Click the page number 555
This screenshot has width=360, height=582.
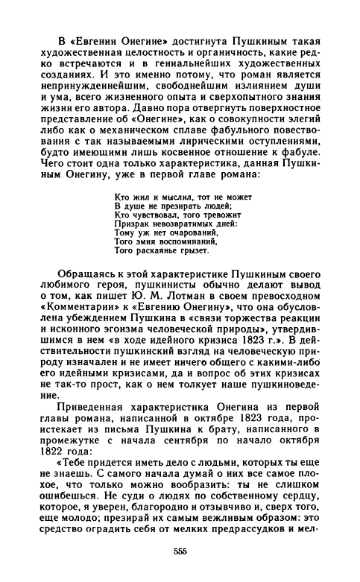coord(179,551)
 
